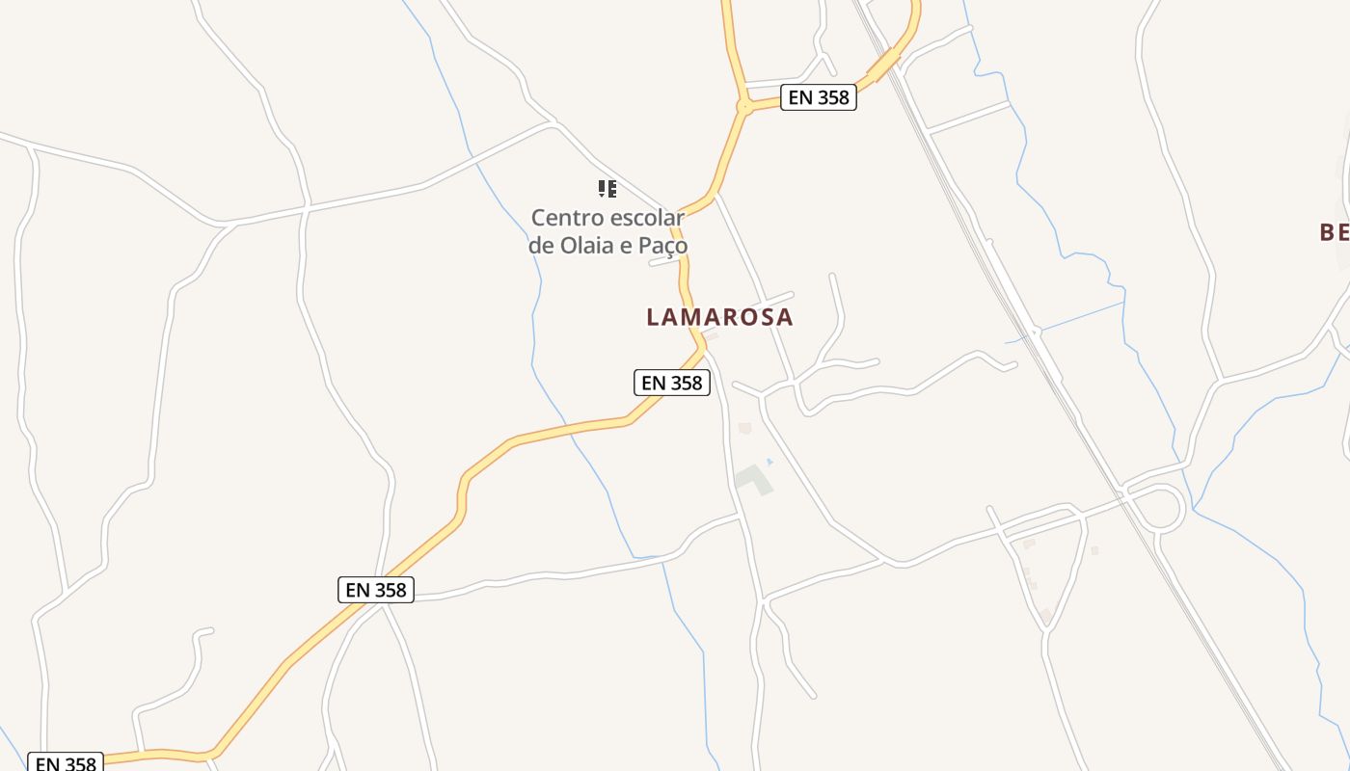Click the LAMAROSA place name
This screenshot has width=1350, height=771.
point(719,317)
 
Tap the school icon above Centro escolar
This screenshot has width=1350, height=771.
point(607,189)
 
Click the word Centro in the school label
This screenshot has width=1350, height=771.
point(569,218)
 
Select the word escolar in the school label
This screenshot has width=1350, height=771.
point(647,218)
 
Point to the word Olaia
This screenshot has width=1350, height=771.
point(587,246)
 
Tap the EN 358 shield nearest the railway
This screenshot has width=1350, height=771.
point(818,97)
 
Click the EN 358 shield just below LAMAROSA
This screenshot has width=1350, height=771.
point(671,383)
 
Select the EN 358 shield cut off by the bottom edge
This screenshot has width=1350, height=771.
point(65,763)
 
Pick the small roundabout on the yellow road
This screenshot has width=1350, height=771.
point(744,107)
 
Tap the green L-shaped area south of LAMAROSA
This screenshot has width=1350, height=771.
point(754,479)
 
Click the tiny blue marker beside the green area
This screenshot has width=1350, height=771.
point(769,462)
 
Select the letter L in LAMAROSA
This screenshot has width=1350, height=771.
point(654,317)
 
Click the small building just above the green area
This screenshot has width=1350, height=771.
point(744,428)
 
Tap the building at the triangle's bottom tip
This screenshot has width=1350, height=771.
point(1046,615)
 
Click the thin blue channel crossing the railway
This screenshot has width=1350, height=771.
point(1070,322)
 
